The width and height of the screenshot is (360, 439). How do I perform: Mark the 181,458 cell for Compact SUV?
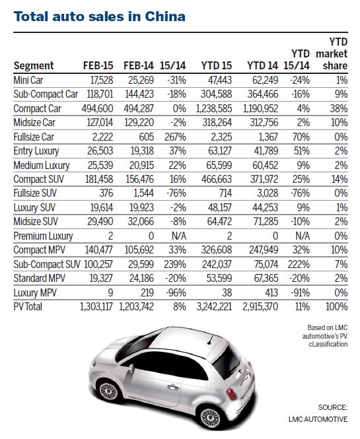[94, 180]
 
